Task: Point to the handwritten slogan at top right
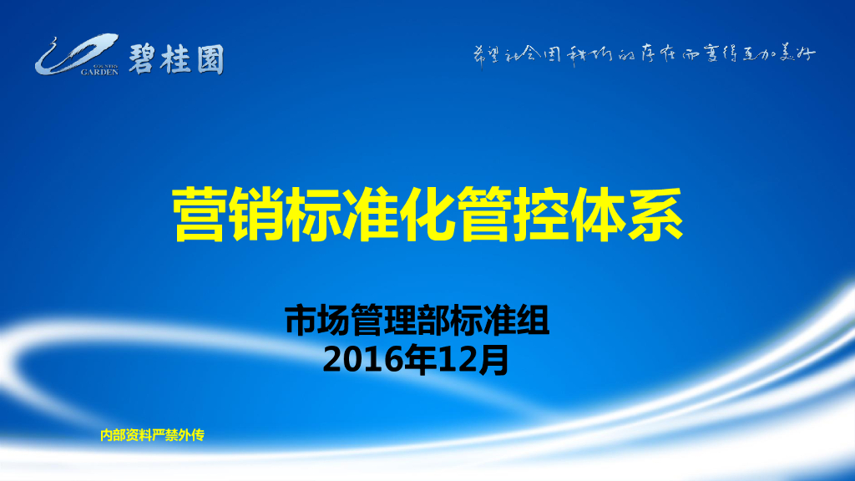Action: (640, 55)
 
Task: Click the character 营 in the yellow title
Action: (200, 215)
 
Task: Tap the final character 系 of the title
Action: (656, 215)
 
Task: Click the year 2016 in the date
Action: (356, 360)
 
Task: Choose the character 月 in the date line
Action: (493, 360)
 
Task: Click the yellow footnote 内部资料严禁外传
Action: (152, 435)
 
